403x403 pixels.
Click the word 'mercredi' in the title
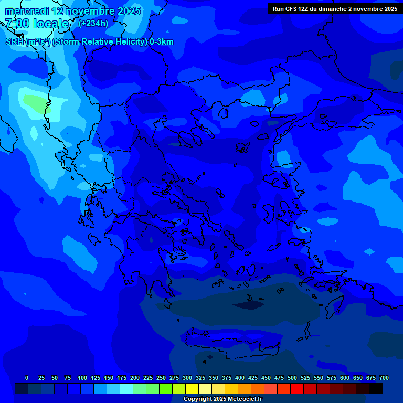[x=27, y=11]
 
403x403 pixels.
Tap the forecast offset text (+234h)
[x=93, y=23]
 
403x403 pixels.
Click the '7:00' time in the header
[x=17, y=24]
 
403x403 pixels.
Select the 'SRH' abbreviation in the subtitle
[x=14, y=42]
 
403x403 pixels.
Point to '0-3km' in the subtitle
[x=162, y=42]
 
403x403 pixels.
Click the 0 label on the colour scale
[x=27, y=378]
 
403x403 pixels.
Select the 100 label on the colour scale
[x=82, y=378]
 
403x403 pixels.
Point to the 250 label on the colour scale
[x=161, y=378]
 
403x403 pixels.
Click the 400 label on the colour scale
[x=240, y=378]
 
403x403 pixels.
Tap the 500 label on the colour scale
[x=292, y=378]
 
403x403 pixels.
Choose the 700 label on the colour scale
[x=384, y=378]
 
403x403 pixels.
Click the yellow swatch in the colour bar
[x=192, y=389]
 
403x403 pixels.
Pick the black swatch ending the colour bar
[x=376, y=389]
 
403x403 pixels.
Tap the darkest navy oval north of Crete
[x=249, y=303]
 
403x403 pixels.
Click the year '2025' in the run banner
[x=389, y=9]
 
